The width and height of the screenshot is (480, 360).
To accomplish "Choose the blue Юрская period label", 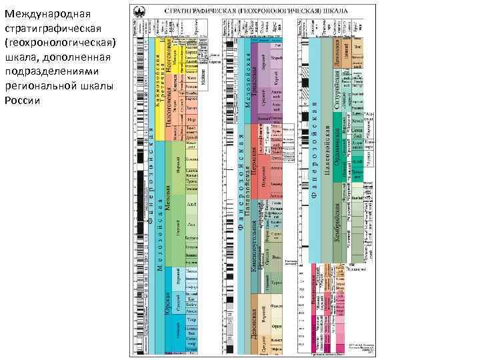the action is click(x=169, y=303).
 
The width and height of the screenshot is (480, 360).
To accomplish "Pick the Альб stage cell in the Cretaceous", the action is click(x=192, y=204).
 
